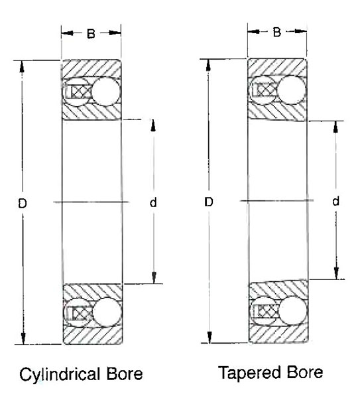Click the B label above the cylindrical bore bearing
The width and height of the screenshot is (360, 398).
(x=91, y=34)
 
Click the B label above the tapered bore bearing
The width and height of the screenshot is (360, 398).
(x=276, y=33)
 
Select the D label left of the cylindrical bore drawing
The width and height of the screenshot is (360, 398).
(x=23, y=204)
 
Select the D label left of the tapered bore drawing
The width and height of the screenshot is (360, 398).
(x=209, y=202)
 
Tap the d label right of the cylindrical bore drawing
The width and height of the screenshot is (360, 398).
(x=153, y=202)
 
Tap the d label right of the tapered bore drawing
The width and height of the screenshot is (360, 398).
(x=335, y=201)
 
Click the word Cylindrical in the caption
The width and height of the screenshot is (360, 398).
(x=60, y=375)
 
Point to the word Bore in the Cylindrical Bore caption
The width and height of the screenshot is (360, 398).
(x=125, y=374)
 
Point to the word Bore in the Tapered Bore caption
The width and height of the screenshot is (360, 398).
(x=304, y=372)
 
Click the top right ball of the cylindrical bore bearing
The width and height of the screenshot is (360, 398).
(x=106, y=92)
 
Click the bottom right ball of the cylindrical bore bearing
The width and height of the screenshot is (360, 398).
(x=107, y=312)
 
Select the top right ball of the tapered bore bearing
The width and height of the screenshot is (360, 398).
(x=291, y=90)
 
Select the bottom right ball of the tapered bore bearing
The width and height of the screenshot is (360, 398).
(x=293, y=310)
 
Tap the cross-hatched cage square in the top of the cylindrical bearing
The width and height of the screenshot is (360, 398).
(x=81, y=92)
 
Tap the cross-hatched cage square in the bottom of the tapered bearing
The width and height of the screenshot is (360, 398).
(x=268, y=311)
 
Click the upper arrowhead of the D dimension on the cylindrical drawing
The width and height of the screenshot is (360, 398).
(x=22, y=67)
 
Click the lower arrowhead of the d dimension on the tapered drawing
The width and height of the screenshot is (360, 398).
(x=336, y=273)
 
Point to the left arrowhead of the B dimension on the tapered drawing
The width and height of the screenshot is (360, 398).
(x=254, y=31)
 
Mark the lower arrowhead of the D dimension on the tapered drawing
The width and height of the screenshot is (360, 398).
(x=210, y=337)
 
